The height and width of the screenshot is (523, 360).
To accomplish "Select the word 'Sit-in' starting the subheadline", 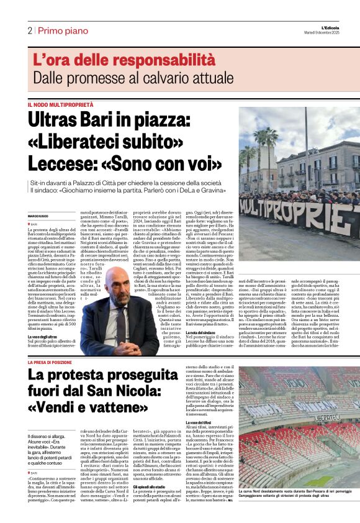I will [39, 184].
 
